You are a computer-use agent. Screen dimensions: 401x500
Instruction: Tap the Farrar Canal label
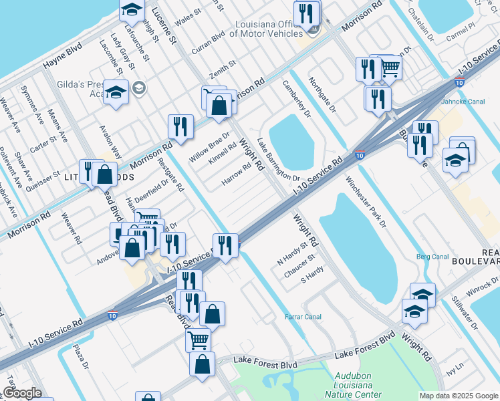coord(303,317)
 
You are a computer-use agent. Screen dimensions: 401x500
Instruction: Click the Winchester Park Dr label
coord(366,202)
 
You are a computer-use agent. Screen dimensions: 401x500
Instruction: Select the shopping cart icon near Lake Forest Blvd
coord(198,339)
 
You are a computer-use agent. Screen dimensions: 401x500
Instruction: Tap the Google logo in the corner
coord(23,393)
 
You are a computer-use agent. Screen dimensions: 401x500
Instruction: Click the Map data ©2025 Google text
coord(458,396)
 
